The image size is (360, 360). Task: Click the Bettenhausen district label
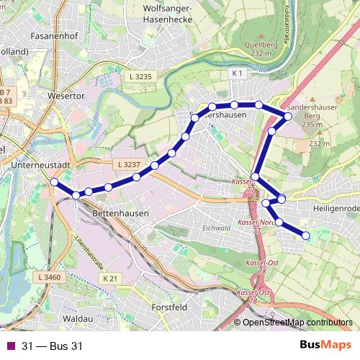tap(120, 214)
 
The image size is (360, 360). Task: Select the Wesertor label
tap(66, 96)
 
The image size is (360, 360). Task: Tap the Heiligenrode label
tap(336, 207)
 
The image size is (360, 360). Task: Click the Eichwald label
tap(215, 228)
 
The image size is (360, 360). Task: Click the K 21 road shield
tap(109, 278)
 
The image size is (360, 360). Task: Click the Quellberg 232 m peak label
tap(261, 48)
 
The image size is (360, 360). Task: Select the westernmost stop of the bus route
tap(54, 182)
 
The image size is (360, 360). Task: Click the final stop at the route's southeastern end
tap(305, 235)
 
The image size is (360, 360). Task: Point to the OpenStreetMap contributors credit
tap(297, 323)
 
